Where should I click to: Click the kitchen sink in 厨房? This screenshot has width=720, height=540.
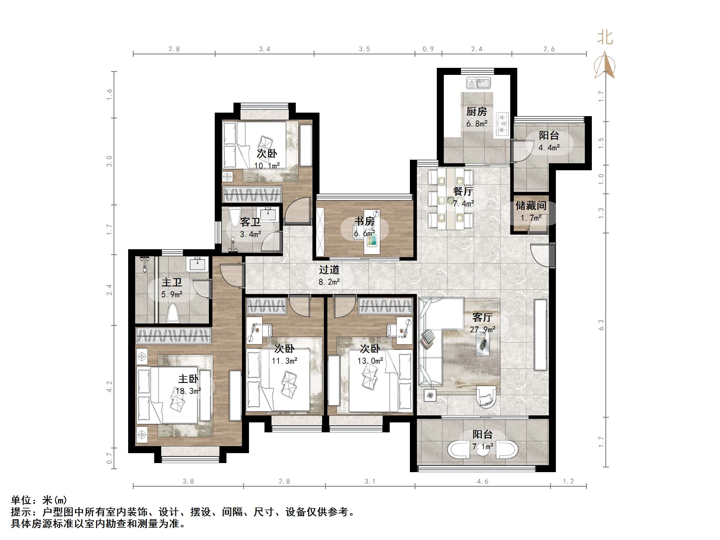click(478, 83)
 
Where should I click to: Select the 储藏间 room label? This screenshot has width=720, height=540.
click(531, 206)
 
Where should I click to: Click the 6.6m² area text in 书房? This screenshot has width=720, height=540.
click(365, 233)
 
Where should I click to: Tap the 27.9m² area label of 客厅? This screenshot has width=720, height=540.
click(482, 329)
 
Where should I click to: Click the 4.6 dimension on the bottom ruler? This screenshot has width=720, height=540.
click(482, 481)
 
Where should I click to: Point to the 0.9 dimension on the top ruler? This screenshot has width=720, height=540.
click(428, 49)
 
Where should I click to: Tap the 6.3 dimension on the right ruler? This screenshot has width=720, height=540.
click(601, 325)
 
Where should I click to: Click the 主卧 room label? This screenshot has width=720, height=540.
click(188, 379)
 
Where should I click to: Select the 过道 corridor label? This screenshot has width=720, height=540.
click(329, 269)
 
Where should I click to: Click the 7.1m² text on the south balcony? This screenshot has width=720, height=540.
click(482, 447)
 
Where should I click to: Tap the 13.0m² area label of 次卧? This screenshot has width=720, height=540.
click(370, 361)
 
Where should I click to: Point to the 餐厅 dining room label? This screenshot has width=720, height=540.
click(463, 191)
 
